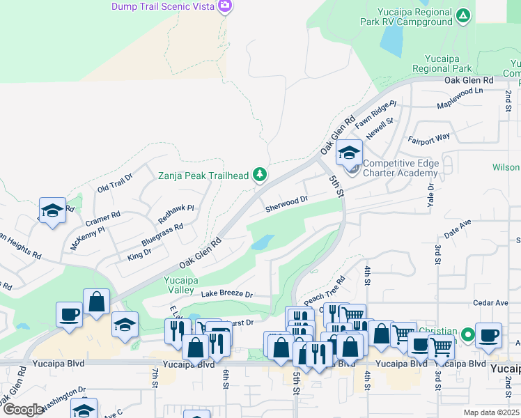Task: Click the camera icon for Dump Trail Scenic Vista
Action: [224, 7]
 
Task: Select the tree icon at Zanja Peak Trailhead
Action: [260, 174]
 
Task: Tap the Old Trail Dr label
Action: [114, 186]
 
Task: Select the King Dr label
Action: [139, 256]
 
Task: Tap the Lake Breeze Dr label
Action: [226, 295]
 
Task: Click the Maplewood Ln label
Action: [459, 98]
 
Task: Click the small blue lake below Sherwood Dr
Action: [261, 243]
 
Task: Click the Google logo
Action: [24, 410]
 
